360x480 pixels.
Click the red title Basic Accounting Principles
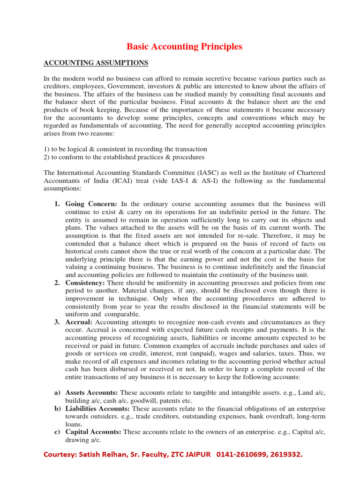coord(185,46)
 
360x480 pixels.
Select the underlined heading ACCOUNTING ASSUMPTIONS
coord(96,62)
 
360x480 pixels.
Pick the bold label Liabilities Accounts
coord(97,409)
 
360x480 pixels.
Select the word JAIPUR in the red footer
coord(197,455)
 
